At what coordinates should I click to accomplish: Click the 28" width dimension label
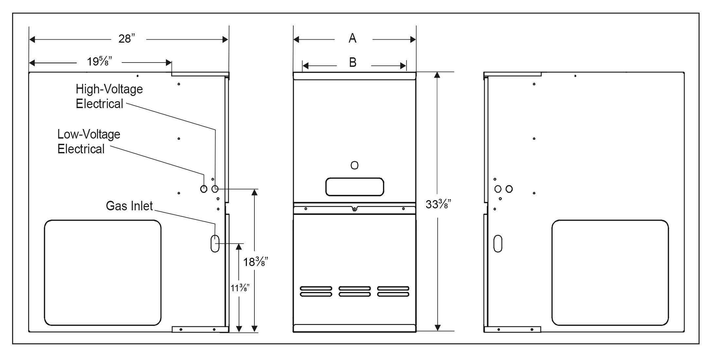coord(127,39)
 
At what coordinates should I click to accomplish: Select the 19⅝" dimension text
coord(100,62)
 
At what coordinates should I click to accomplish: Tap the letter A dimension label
coord(353,39)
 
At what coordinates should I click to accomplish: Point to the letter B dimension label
coord(353,62)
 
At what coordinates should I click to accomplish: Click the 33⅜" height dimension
coord(438,204)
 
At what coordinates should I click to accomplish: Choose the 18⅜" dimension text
coord(256,262)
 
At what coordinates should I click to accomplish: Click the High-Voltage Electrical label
coord(109,96)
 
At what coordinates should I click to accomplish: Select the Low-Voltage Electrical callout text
coord(89,142)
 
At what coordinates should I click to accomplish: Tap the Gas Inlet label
coord(129,206)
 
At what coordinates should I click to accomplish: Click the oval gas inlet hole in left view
coord(215,243)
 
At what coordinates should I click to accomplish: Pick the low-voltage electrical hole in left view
coord(204,189)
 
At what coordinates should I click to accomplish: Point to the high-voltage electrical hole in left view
coord(215,189)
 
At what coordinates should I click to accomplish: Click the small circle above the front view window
coord(354,165)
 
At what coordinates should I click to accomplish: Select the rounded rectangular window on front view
coord(355,187)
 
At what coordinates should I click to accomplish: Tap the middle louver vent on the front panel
coord(355,291)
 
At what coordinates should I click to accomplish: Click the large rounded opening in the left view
coord(103,273)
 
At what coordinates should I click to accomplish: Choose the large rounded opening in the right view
coord(610,273)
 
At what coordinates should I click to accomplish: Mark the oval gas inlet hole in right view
coord(498,243)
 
